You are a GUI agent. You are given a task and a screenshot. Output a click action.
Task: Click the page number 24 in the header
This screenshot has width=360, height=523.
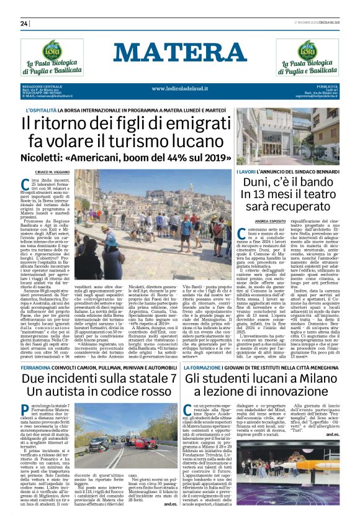click(x=24, y=24)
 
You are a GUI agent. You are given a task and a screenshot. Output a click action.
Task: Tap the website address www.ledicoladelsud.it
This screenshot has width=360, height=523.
click(x=180, y=88)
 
